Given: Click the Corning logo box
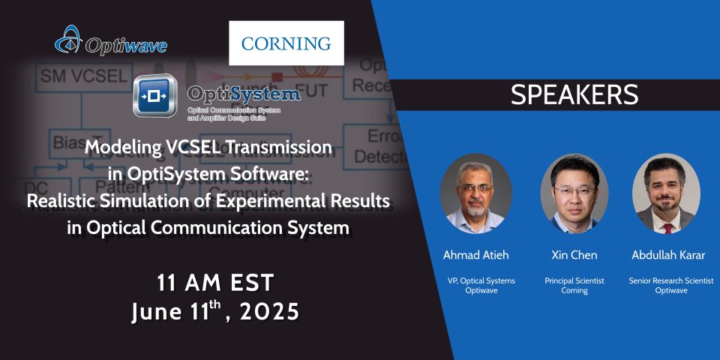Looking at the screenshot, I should [x=286, y=43].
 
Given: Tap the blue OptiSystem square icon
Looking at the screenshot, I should [x=155, y=96].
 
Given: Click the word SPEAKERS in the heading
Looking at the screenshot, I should [x=574, y=94].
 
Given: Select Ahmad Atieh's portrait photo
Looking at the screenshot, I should [x=475, y=193].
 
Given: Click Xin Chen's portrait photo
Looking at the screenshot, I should [x=574, y=193].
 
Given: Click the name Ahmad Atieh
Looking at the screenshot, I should [x=475, y=255].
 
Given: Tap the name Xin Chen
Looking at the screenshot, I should [x=574, y=255].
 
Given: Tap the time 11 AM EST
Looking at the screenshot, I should [x=216, y=283].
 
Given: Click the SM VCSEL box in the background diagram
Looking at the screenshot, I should [x=73, y=76].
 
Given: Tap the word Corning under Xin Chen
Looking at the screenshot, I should [x=574, y=289].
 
